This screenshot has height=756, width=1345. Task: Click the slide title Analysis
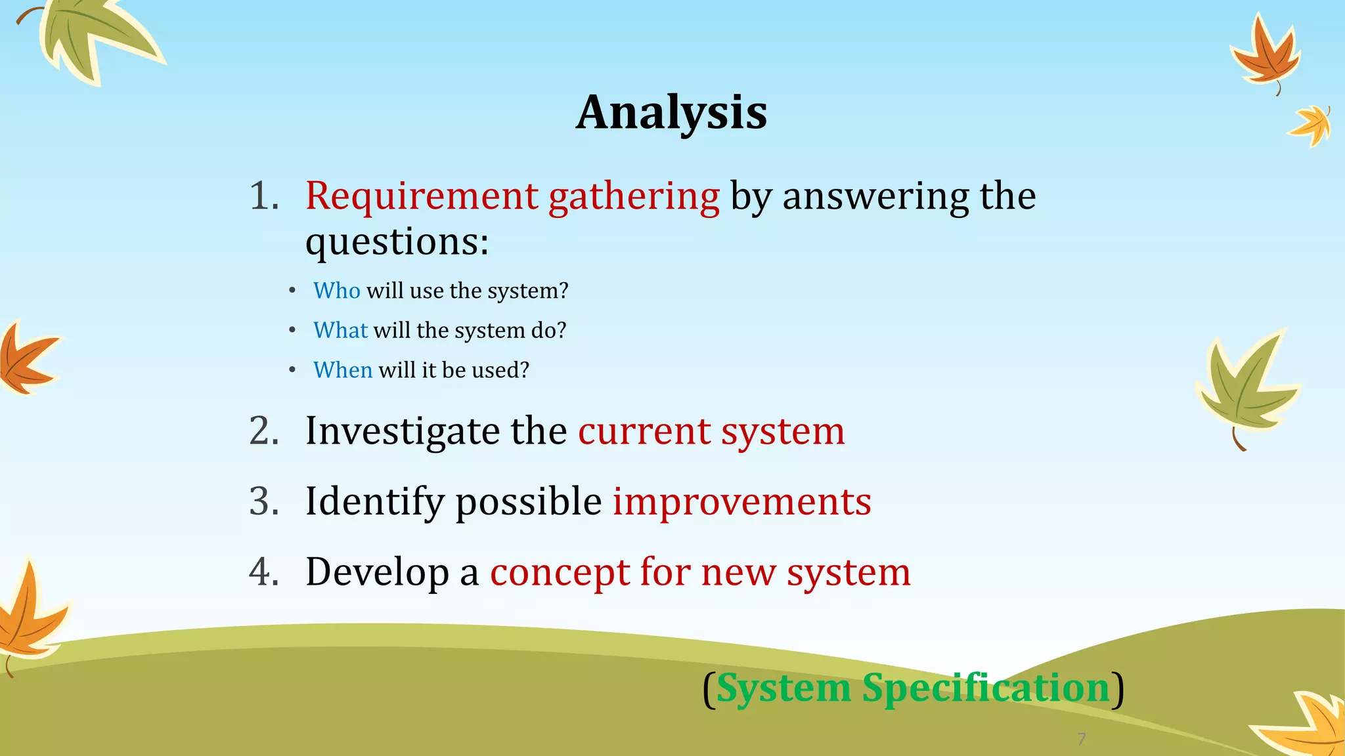671,113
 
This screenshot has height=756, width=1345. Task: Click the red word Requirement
422,196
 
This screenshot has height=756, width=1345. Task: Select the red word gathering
634,198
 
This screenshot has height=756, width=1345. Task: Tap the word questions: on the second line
397,242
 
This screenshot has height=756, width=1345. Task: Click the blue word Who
336,291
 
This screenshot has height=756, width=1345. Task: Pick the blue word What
340,330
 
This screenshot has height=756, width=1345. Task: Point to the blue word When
343,370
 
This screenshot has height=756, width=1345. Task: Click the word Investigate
403,432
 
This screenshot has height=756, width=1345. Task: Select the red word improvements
741,503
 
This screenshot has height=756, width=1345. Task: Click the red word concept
560,574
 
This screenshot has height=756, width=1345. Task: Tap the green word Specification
985,689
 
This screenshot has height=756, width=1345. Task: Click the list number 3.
264,502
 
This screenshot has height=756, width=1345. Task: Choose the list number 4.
264,572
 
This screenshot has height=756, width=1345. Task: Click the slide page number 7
1081,739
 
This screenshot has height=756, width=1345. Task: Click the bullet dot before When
292,371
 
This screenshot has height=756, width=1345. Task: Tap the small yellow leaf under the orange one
1312,125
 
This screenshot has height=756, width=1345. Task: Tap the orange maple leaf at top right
1266,54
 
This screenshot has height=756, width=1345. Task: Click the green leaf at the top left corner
92,36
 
